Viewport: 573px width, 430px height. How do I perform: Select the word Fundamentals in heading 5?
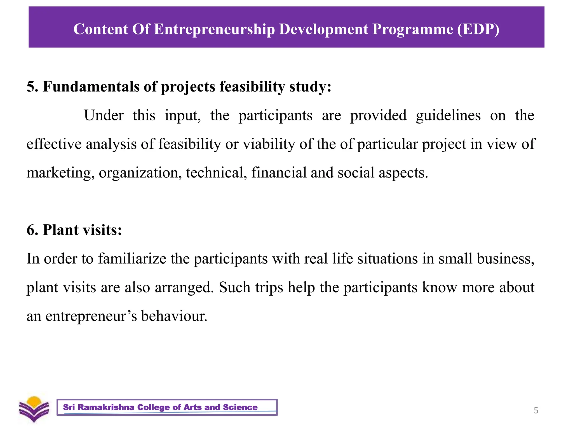91,86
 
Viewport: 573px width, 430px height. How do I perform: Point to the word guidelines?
448,116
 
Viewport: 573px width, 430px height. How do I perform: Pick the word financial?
279,173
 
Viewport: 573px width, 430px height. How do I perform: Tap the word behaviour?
174,316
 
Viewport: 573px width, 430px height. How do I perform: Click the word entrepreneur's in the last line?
91,316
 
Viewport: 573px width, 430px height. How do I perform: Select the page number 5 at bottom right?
536,410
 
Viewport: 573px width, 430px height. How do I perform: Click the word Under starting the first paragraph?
104,116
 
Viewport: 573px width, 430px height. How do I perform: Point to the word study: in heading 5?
310,87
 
